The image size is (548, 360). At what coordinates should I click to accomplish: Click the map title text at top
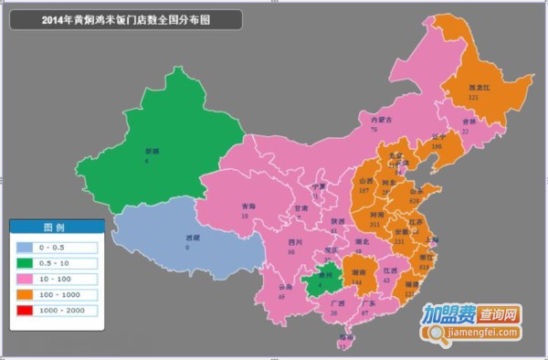pos(126,19)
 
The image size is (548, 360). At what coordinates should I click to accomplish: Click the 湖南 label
pos(358,272)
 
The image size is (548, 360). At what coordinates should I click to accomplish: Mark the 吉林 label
pos(469,122)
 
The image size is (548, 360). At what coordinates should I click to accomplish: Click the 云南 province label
pos(262,286)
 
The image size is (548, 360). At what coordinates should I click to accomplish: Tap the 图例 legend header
pos(55,227)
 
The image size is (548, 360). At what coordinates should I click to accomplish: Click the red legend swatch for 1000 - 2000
pos(24,311)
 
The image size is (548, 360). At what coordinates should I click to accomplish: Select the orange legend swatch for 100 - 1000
pos(24,295)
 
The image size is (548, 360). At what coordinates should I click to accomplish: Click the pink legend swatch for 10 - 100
pos(24,279)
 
